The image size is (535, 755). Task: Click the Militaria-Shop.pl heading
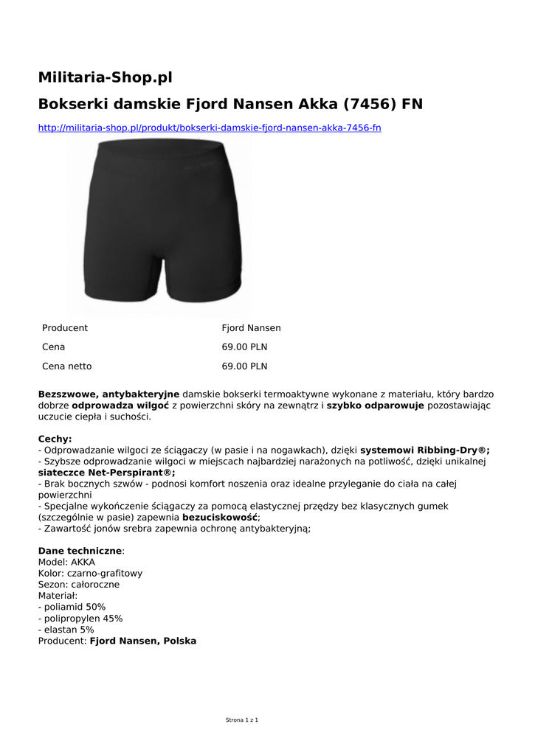(105, 76)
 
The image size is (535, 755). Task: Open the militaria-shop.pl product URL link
(210, 128)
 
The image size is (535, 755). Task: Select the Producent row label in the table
(65, 328)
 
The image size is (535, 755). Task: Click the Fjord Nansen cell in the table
(251, 328)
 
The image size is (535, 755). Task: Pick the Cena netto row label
(67, 366)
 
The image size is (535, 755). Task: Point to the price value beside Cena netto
(244, 366)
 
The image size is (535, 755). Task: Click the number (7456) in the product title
(369, 104)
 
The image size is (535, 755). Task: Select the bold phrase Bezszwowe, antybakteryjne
(108, 394)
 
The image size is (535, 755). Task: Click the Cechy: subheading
(55, 439)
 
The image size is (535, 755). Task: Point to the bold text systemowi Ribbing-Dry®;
(425, 450)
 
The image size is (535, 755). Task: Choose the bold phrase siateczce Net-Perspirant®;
(106, 473)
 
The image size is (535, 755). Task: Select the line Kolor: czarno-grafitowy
(90, 573)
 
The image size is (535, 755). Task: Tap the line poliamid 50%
(72, 607)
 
